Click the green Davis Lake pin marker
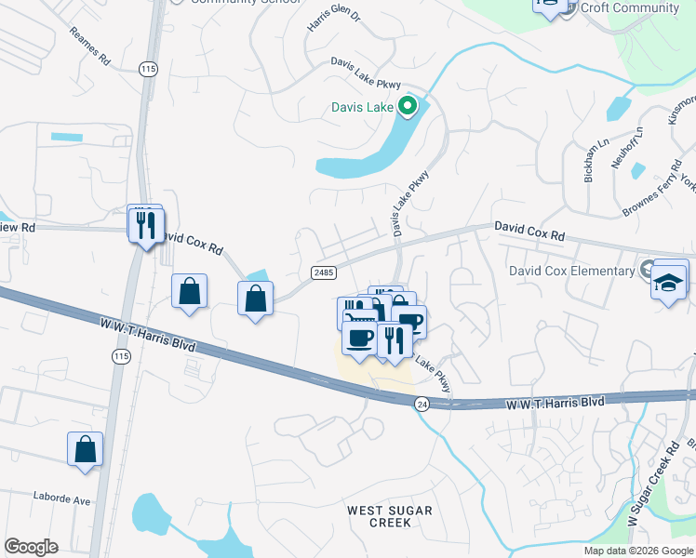(406, 107)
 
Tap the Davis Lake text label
(363, 107)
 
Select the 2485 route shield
(323, 271)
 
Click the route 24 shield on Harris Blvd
(422, 404)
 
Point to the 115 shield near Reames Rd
(148, 69)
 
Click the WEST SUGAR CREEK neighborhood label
(389, 516)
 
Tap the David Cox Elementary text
(571, 271)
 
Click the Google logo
(31, 547)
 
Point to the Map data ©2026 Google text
(638, 551)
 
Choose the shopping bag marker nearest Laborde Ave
(85, 449)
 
